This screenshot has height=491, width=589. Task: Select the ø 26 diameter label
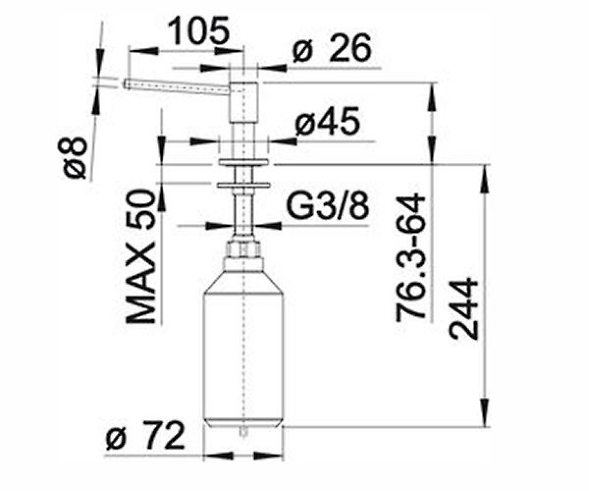pyautogui.click(x=332, y=48)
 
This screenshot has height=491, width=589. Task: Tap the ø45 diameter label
pyautogui.click(x=328, y=122)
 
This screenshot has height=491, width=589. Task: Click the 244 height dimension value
pyautogui.click(x=463, y=309)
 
